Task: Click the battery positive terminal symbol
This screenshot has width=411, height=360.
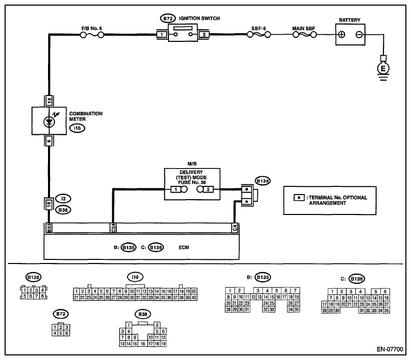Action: pyautogui.click(x=342, y=34)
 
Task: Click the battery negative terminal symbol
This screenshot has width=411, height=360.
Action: pyautogui.click(x=359, y=34)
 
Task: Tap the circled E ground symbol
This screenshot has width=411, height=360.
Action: pyautogui.click(x=383, y=69)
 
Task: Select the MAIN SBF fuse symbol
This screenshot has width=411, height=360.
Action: pyautogui.click(x=305, y=35)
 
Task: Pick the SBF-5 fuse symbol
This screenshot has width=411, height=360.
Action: pyautogui.click(x=259, y=35)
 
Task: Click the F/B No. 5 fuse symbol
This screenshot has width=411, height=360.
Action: pyautogui.click(x=92, y=35)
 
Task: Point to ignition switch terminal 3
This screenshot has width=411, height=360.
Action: pyautogui.click(x=204, y=34)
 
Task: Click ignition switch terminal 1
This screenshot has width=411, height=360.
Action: pyautogui.click(x=162, y=34)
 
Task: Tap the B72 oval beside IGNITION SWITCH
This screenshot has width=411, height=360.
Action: pyautogui.click(x=168, y=18)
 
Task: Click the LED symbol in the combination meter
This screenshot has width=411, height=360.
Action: pyautogui.click(x=49, y=122)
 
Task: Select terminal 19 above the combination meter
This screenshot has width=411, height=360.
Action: pyautogui.click(x=49, y=101)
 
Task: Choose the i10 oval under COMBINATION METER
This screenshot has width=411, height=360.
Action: pyautogui.click(x=77, y=128)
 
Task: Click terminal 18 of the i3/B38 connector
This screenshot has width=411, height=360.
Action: pyautogui.click(x=49, y=204)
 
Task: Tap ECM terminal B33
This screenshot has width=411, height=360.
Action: pyautogui.click(x=49, y=228)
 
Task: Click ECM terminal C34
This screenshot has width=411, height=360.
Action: pyautogui.click(x=113, y=228)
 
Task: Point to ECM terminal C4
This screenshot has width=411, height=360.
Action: pyautogui.click(x=234, y=228)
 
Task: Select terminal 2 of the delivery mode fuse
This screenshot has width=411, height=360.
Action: pyautogui.click(x=208, y=189)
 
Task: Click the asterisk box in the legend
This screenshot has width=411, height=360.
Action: pyautogui.click(x=299, y=198)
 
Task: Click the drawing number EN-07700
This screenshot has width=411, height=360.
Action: pyautogui.click(x=390, y=349)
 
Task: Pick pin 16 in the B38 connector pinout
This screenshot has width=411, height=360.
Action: pyautogui.click(x=143, y=344)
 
